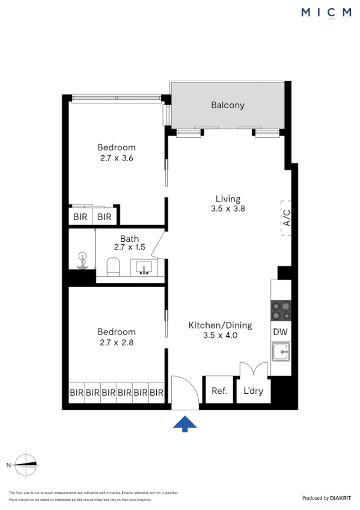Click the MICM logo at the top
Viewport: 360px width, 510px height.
(326, 13)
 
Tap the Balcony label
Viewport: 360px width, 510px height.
(228, 105)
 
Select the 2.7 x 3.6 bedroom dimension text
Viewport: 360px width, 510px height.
(116, 159)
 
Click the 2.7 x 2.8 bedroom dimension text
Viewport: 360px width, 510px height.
(116, 343)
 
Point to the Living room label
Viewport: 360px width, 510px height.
(228, 198)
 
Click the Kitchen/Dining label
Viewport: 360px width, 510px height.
(220, 325)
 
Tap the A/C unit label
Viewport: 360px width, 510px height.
(287, 217)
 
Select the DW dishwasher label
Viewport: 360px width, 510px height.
(280, 331)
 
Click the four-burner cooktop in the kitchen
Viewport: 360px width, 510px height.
(281, 310)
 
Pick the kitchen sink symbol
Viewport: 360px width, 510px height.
(281, 351)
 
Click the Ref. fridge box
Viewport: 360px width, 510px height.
(219, 391)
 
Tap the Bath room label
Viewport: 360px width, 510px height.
(129, 238)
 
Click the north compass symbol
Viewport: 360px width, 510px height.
(27, 464)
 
